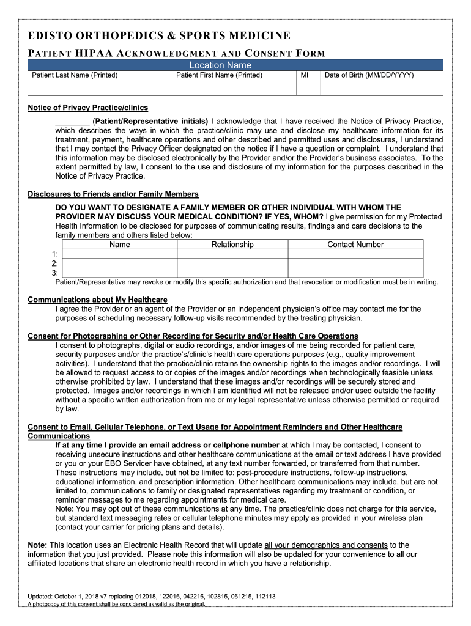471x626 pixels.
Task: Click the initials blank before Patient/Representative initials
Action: [x=72, y=120]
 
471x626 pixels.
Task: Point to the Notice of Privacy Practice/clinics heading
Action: [x=88, y=108]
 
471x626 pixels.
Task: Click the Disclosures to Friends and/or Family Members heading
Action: [x=113, y=194]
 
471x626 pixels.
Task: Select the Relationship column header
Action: [x=232, y=245]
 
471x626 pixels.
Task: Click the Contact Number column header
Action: [x=355, y=245]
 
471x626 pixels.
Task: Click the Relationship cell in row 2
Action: [x=232, y=263]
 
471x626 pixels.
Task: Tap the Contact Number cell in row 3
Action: [x=355, y=273]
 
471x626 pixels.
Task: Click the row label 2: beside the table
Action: [x=55, y=263]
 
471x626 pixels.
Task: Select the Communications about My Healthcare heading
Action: [x=98, y=300]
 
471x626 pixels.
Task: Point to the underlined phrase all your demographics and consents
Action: [x=325, y=545]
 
